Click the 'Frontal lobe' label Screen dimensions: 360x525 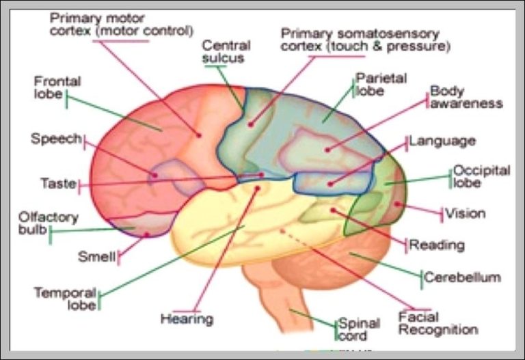57,87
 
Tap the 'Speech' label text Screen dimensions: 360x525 56,139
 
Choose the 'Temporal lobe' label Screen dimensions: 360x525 65,299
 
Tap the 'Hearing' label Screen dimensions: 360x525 187,318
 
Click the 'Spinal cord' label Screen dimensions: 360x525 353,329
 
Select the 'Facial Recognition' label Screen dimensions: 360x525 437,324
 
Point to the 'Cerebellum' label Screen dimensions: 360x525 463,277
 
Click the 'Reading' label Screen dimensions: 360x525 437,245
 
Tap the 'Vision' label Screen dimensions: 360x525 466,214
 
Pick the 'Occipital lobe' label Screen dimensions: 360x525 482,177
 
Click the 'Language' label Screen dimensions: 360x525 442,141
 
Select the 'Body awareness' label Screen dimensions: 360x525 466,98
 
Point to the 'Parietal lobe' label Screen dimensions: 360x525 381,85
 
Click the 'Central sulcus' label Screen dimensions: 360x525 226,52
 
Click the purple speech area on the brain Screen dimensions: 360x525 174,176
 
